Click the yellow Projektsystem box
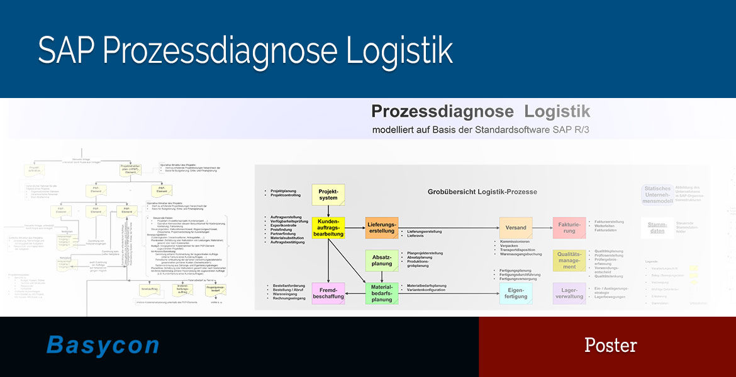point(328,194)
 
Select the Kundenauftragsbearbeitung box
point(328,227)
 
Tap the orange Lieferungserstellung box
point(381,227)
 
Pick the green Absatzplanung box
point(381,260)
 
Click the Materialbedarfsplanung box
point(381,293)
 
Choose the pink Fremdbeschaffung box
point(328,293)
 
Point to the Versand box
point(516,227)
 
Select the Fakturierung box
point(569,227)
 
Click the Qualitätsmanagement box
point(569,260)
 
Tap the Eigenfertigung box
point(516,293)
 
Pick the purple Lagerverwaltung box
point(569,293)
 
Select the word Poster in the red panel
point(610,345)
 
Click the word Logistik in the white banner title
point(557,112)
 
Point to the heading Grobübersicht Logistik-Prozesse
point(482,191)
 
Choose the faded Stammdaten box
point(657,227)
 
